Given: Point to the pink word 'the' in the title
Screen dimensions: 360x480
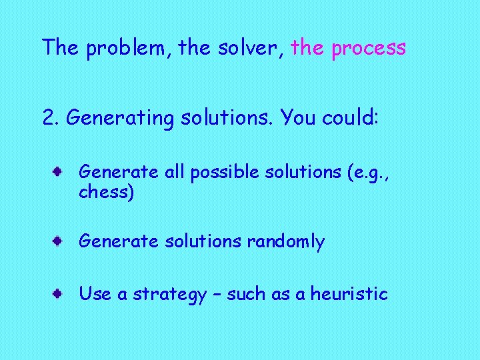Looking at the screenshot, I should (x=308, y=48).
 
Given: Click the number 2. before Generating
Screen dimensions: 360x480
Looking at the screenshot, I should (x=50, y=118).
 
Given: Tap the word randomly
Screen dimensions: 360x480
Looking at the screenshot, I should (x=285, y=241).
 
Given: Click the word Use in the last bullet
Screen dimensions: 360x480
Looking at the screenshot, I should (x=95, y=294).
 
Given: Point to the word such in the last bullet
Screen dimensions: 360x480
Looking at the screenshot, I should (x=246, y=294).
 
